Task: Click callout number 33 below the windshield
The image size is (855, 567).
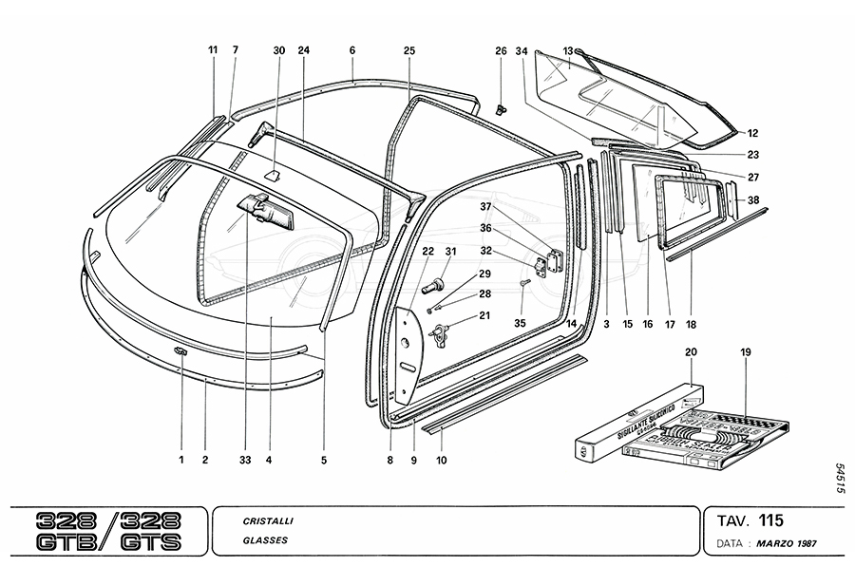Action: point(245,460)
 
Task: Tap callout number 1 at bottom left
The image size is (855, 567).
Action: point(180,460)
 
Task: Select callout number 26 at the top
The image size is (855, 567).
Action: point(501,50)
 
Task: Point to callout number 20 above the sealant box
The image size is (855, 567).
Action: point(691,352)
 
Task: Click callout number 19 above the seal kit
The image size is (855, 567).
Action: point(746,352)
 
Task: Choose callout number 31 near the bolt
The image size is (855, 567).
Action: point(450,252)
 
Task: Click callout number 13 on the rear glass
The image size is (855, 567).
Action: point(568,50)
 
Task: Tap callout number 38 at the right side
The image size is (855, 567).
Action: point(753,200)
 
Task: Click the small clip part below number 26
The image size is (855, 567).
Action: point(502,106)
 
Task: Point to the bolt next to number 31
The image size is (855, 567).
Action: point(437,282)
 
